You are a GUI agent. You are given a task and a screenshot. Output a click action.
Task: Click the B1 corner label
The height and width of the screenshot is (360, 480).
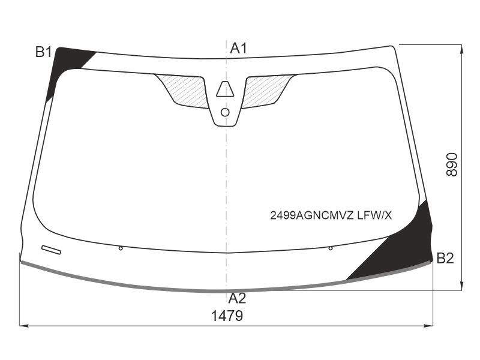44,52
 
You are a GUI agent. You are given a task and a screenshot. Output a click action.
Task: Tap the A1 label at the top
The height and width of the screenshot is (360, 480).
238,49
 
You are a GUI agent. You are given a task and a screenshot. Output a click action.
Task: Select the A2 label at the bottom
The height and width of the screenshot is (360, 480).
237,298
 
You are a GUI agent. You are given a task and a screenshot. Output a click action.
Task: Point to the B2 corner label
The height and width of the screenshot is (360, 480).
445,259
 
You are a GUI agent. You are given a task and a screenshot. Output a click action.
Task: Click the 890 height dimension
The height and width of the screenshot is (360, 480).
452,164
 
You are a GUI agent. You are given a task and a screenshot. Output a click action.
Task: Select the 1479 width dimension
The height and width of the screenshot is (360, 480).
227,316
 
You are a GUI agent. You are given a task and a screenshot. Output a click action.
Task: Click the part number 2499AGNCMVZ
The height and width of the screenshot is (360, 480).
311,216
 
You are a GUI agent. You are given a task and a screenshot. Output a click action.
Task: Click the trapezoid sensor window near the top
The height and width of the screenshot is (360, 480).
225,89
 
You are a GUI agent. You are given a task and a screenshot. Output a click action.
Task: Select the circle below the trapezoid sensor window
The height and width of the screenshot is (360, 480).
225,113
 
